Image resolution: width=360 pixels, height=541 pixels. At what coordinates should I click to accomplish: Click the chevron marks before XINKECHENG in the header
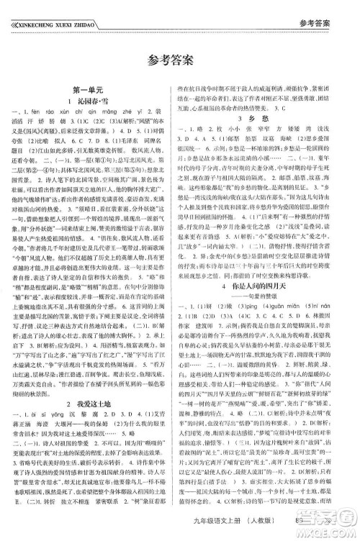[9, 8]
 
